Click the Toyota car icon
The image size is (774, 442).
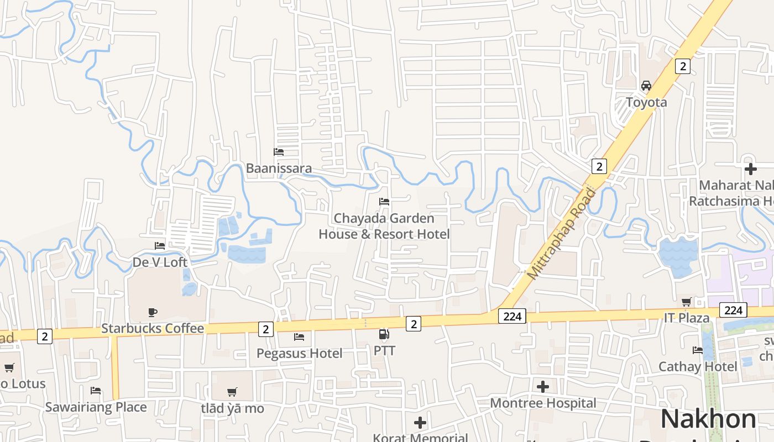[x=646, y=86]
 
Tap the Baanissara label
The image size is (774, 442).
[x=279, y=168]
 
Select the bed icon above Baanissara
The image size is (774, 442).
[x=279, y=151]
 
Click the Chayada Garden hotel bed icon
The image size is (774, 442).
[x=384, y=202]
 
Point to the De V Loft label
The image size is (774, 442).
[x=160, y=262]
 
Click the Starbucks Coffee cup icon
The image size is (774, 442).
[x=153, y=312]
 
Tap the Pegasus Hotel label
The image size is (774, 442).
[x=299, y=353]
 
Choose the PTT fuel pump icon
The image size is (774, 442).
[x=384, y=334]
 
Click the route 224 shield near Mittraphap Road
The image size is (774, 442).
[x=512, y=316]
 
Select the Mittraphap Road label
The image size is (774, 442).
[x=562, y=233]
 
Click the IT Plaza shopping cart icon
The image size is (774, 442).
[x=686, y=302]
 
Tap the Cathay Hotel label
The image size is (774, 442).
[x=697, y=366]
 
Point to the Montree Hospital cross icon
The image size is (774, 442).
[x=543, y=386]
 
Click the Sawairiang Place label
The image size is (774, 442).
[x=96, y=407]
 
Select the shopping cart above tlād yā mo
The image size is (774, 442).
[x=232, y=392]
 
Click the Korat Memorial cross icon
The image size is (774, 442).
[x=420, y=423]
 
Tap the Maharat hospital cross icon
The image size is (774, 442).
[x=750, y=169]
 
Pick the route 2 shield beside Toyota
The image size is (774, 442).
[x=683, y=66]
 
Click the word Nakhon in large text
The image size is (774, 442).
[x=708, y=419]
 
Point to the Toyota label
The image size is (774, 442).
[x=646, y=102]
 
